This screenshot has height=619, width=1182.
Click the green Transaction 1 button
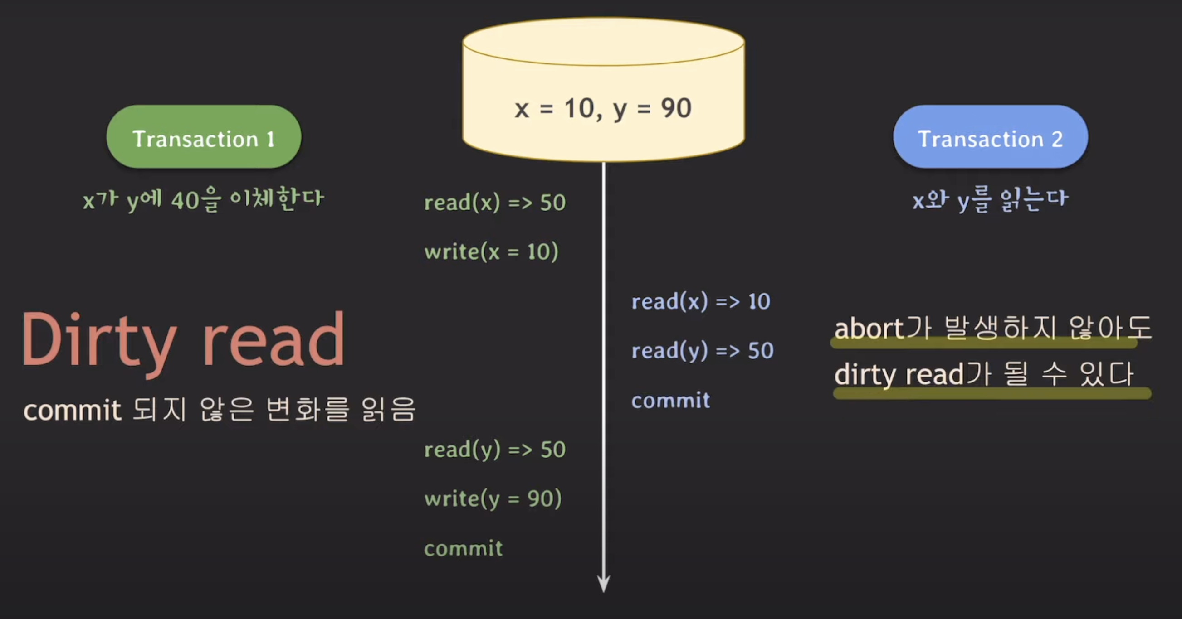(x=204, y=137)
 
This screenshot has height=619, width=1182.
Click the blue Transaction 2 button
(x=990, y=137)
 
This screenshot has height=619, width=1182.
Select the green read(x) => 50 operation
(x=495, y=203)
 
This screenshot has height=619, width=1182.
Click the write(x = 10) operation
(x=491, y=252)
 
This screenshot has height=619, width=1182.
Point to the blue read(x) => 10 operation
(x=701, y=302)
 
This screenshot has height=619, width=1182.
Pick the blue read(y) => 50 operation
(x=703, y=351)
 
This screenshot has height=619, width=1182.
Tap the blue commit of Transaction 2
(x=670, y=401)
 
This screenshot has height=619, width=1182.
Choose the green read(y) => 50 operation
(x=495, y=450)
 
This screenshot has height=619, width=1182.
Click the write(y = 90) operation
(x=493, y=499)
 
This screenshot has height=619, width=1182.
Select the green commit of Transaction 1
(x=463, y=548)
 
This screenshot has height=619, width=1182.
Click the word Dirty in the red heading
(x=99, y=340)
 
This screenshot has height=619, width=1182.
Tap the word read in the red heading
(x=274, y=340)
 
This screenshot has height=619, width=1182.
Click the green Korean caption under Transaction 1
(x=204, y=200)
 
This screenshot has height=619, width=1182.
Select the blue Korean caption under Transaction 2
(x=990, y=200)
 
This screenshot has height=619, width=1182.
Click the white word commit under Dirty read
(x=72, y=410)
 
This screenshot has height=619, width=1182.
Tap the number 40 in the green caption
(x=186, y=201)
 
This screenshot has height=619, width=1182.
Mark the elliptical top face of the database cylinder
(x=603, y=41)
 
